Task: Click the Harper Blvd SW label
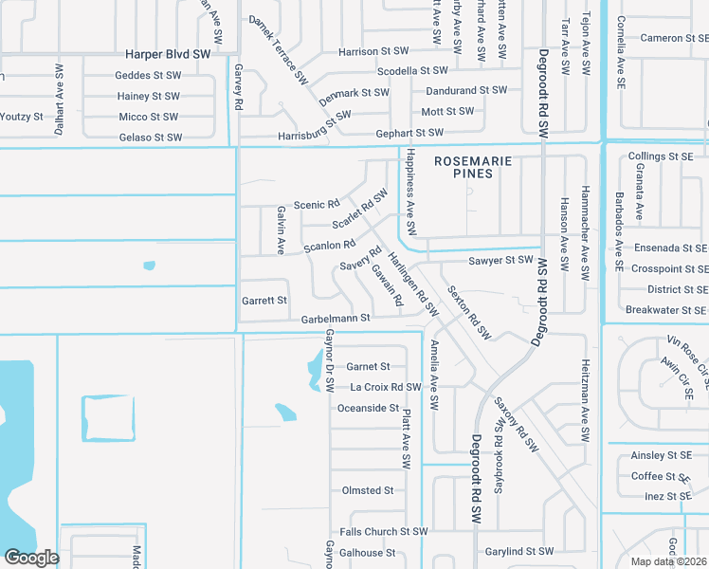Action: coord(167,55)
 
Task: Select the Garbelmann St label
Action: coord(329,320)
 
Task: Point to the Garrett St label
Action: coord(264,301)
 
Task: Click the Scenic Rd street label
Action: coord(316,205)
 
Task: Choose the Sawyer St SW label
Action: coord(500,260)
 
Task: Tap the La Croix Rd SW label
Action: coord(385,387)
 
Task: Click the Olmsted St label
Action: coord(367,490)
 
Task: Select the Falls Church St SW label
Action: coord(384,532)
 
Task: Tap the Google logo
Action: coord(31,557)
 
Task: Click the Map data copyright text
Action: coord(668,561)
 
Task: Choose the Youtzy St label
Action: coord(22,117)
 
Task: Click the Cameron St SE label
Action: coord(674,38)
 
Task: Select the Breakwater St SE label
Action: coord(666,310)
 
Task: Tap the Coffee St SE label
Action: coord(661,476)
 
